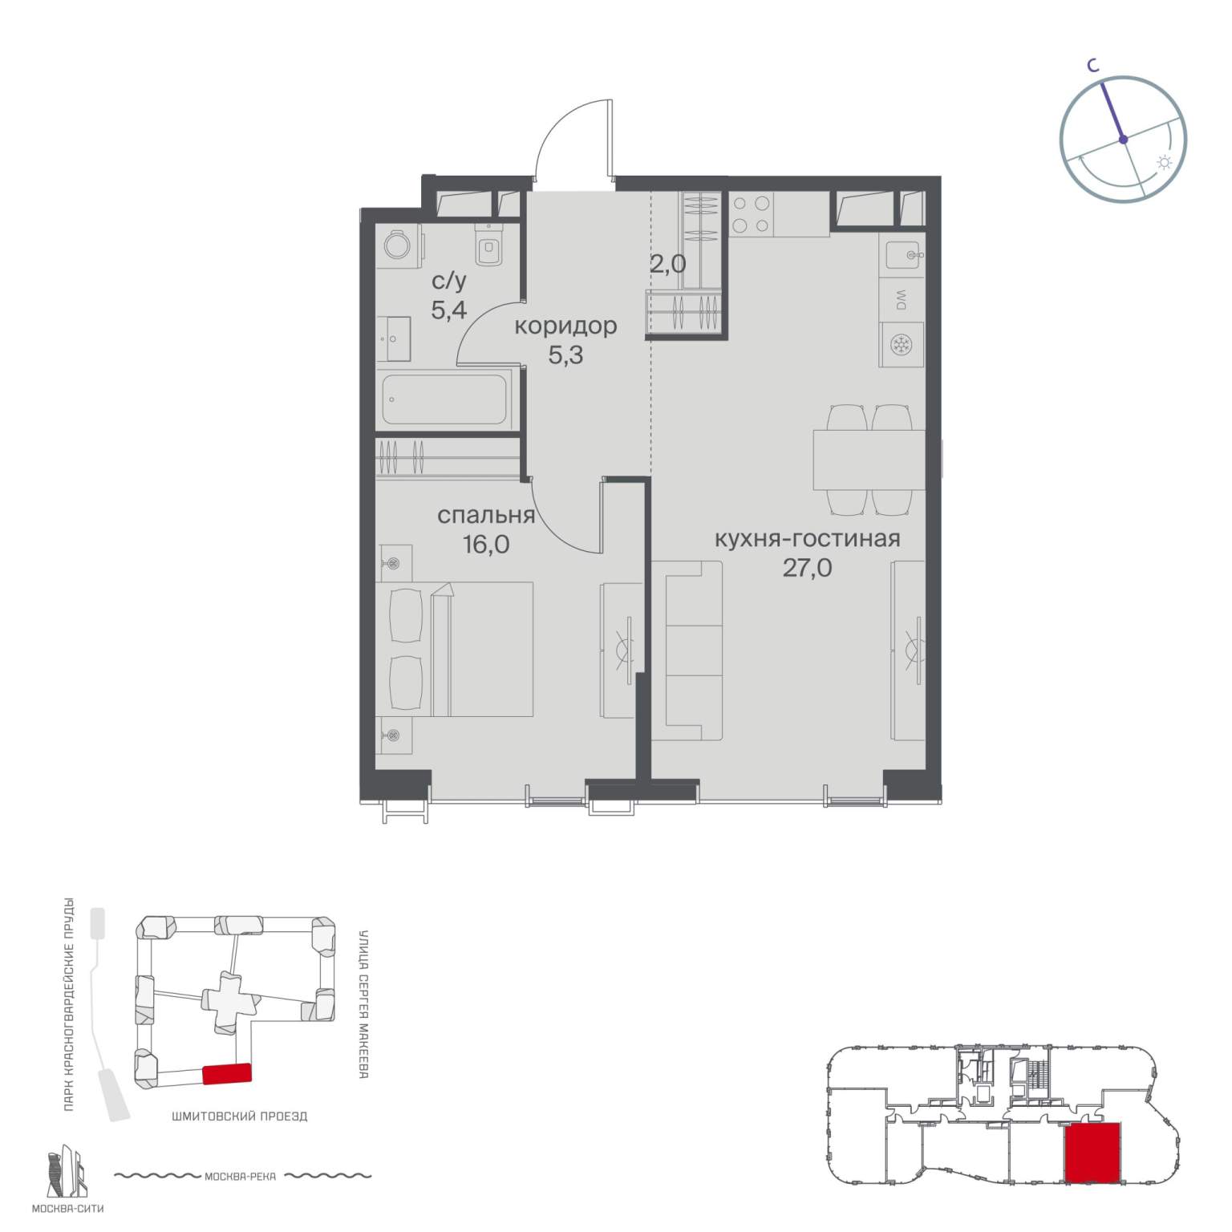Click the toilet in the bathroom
pyautogui.click(x=488, y=244)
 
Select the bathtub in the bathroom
pyautogui.click(x=446, y=399)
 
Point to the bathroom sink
pyautogui.click(x=394, y=339)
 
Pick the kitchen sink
pyautogui.click(x=905, y=256)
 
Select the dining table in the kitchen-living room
pyautogui.click(x=869, y=460)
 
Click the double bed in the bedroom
pyautogui.click(x=455, y=649)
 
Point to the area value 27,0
pyautogui.click(x=808, y=568)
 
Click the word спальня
pyautogui.click(x=486, y=515)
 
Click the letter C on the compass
pyautogui.click(x=1092, y=67)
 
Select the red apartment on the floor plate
pyautogui.click(x=1092, y=1153)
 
